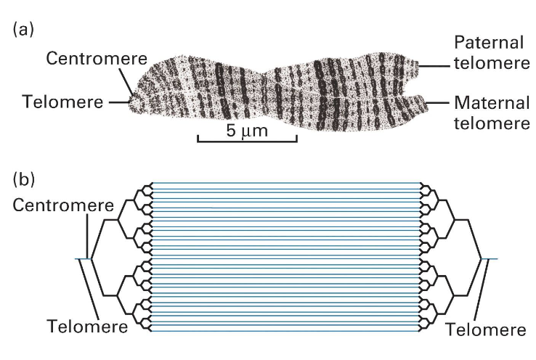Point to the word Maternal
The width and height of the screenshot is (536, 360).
(x=490, y=102)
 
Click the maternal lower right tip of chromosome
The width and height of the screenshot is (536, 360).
(x=425, y=103)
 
